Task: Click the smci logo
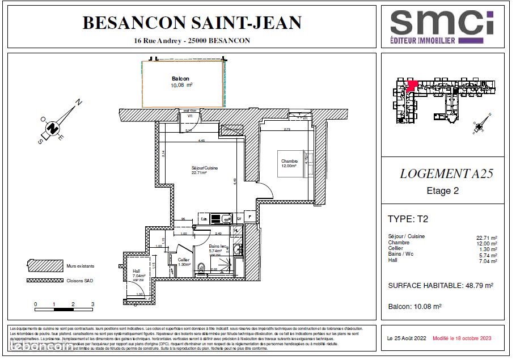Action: click(x=442, y=27)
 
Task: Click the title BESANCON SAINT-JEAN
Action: click(x=192, y=23)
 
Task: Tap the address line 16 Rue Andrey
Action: click(x=192, y=41)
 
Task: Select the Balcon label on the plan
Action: click(x=180, y=79)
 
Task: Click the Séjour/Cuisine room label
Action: click(x=204, y=168)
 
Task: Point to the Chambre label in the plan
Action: click(x=289, y=162)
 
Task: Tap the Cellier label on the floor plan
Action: click(x=184, y=260)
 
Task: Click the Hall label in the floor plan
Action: click(x=136, y=272)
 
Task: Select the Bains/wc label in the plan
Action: click(x=217, y=247)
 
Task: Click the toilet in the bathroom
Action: click(x=201, y=268)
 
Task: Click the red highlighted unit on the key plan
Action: click(x=412, y=85)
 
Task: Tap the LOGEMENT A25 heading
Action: click(x=446, y=174)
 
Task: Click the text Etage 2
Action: click(x=442, y=191)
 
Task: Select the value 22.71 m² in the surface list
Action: click(x=487, y=237)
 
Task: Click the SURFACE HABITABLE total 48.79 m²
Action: click(x=441, y=286)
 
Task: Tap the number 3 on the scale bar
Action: click(x=92, y=304)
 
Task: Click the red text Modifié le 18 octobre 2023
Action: click(x=462, y=338)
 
